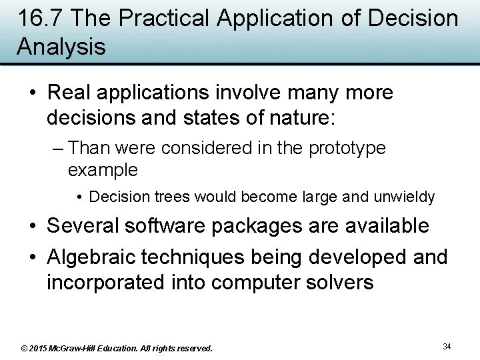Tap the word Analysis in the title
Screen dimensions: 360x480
(x=61, y=47)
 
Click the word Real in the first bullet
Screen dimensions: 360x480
(x=71, y=93)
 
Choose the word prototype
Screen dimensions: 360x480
(x=347, y=148)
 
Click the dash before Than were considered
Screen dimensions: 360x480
(x=57, y=148)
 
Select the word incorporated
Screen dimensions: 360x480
(x=102, y=282)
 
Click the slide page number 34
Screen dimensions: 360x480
(x=447, y=346)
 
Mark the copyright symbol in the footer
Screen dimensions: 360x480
(x=25, y=348)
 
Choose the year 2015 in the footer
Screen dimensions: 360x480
(x=39, y=348)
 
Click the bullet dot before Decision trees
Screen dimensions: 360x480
(x=79, y=198)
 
